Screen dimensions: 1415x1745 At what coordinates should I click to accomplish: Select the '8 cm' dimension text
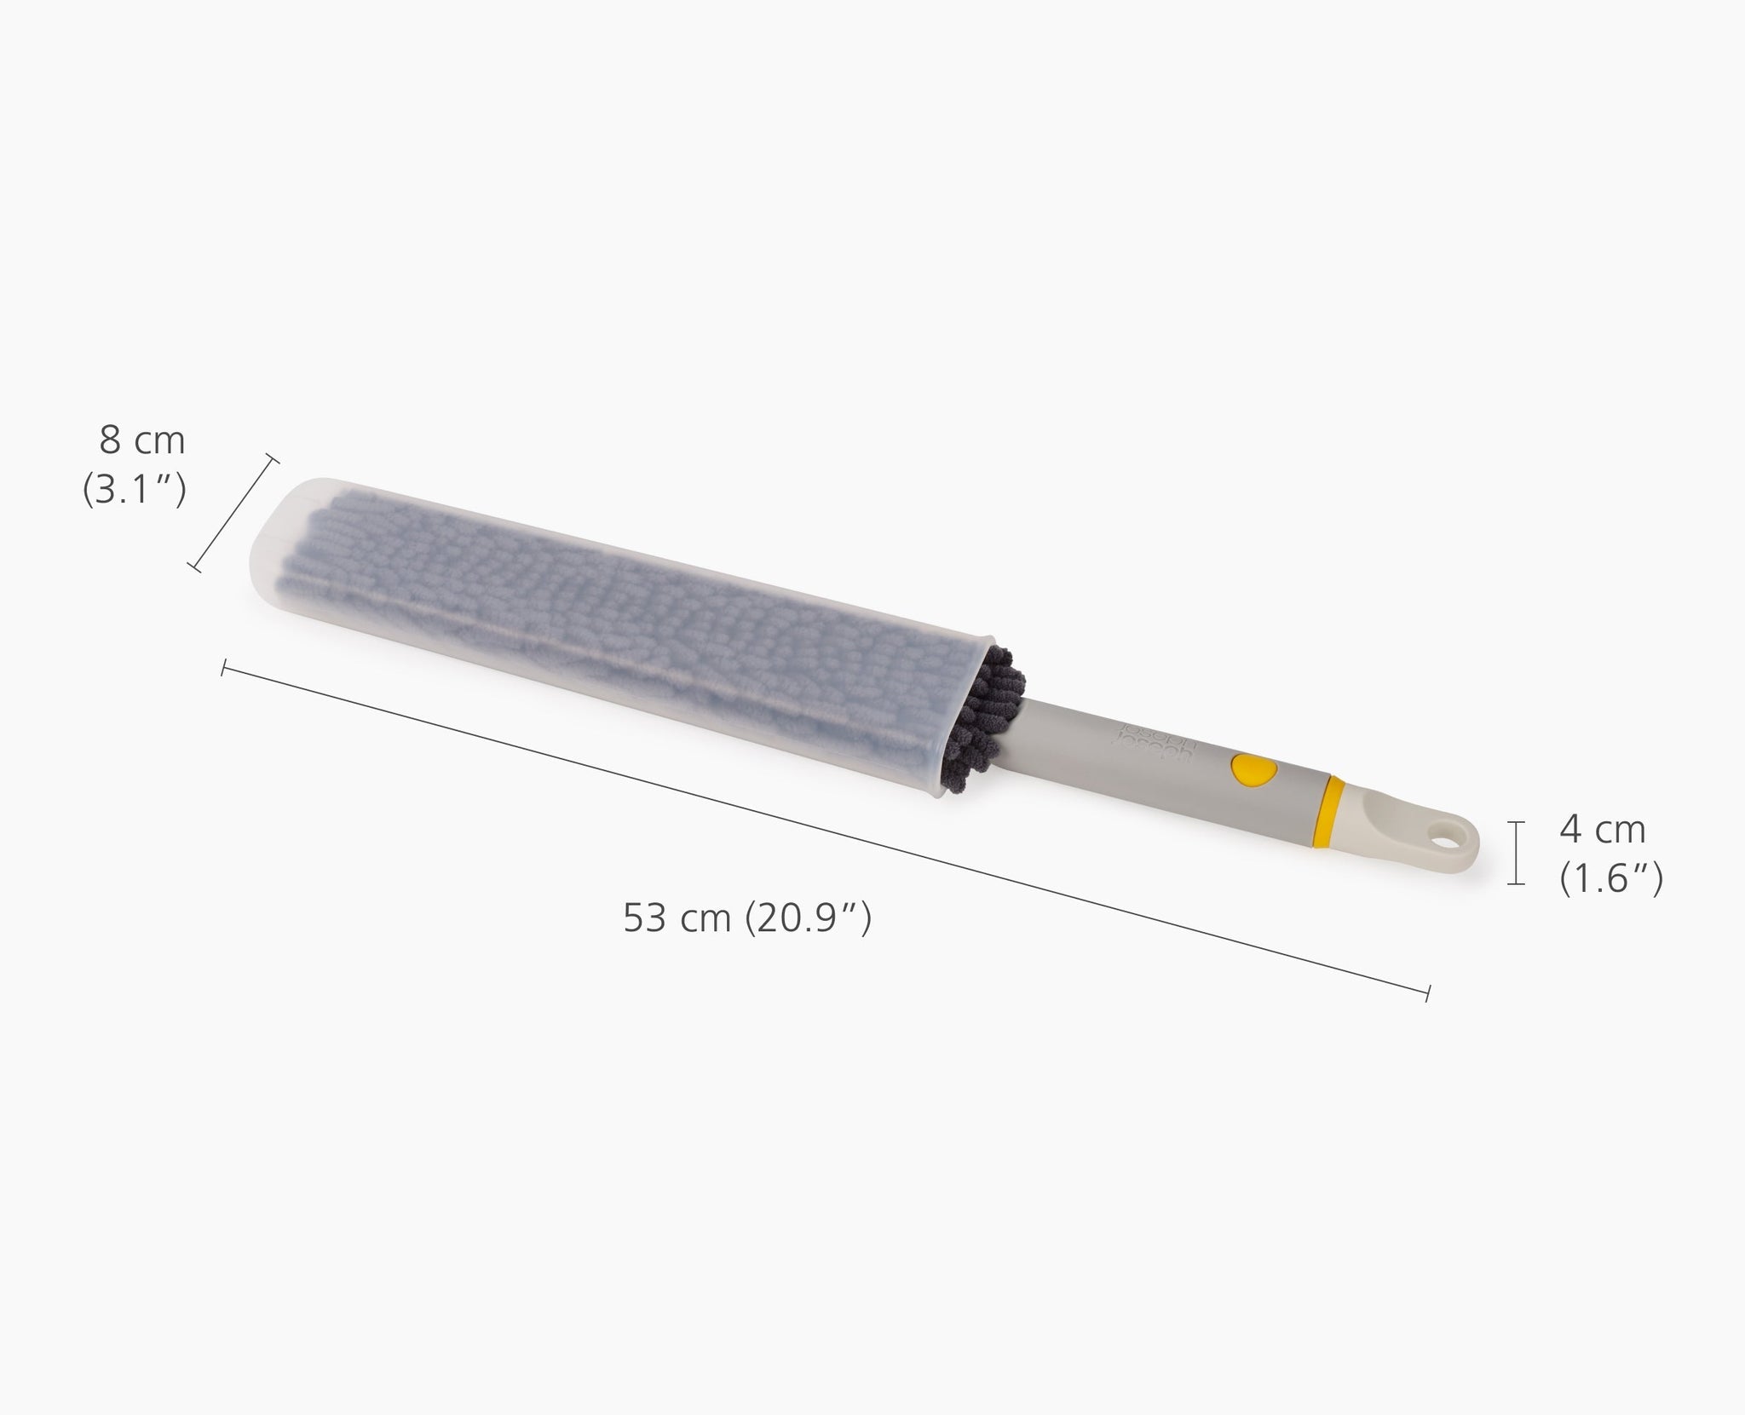(142, 440)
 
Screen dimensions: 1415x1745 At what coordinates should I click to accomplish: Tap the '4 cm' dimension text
(1602, 831)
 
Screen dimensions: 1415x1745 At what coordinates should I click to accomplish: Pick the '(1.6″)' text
(1611, 880)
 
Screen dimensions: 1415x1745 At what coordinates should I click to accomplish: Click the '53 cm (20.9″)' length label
(747, 918)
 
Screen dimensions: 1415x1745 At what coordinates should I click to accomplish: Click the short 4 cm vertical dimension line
(1516, 853)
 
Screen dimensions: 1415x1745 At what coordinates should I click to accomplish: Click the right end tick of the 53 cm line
(1428, 991)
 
